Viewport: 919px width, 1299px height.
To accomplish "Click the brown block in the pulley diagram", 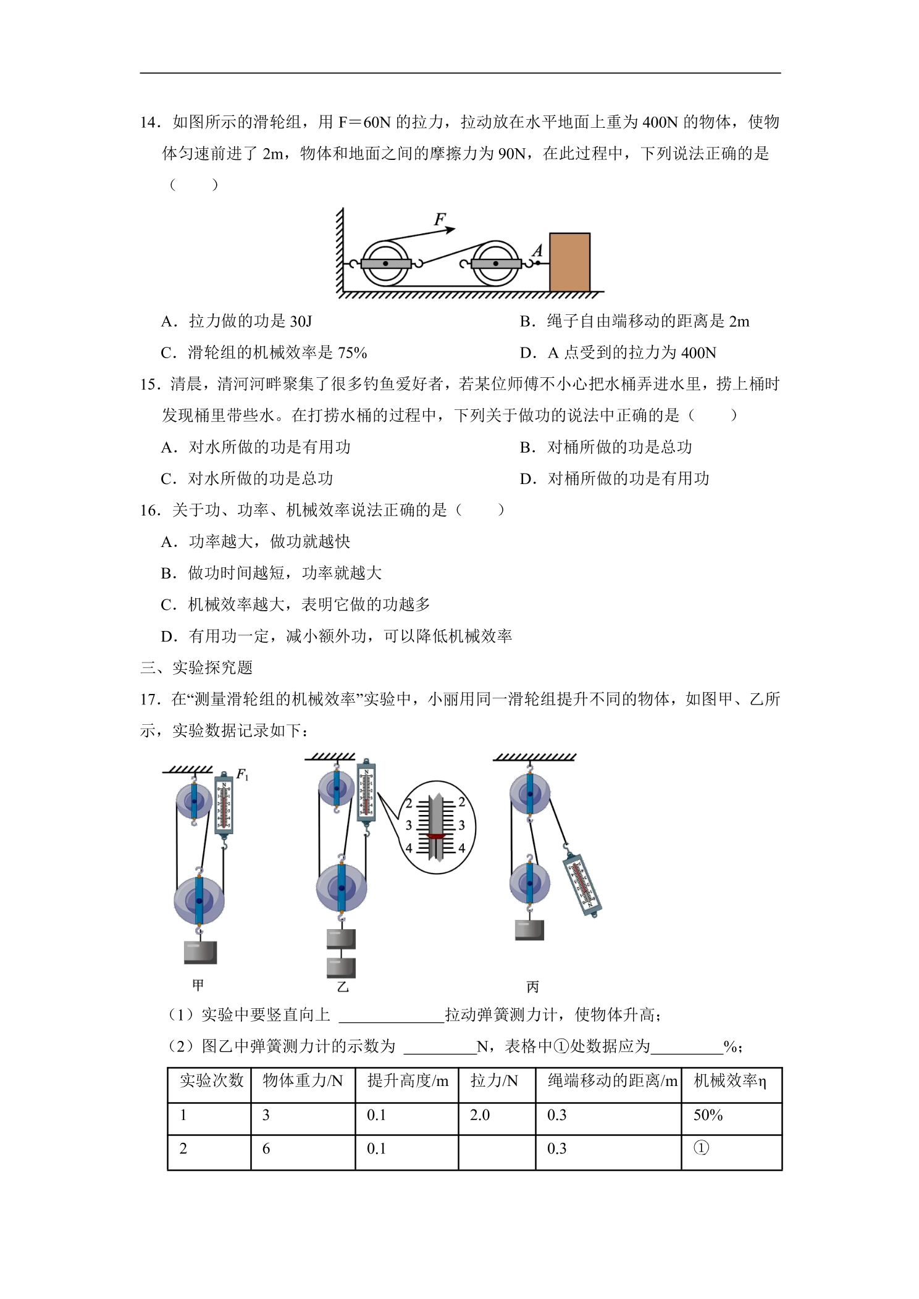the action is click(569, 262).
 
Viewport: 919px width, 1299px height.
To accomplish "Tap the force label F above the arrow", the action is click(440, 219).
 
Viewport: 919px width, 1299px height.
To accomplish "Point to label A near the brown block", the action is click(537, 250).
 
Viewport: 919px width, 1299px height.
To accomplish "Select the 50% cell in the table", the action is click(708, 1115).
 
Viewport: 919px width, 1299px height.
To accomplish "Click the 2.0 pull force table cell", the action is click(480, 1115).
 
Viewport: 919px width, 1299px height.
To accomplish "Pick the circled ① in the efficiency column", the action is click(701, 1148).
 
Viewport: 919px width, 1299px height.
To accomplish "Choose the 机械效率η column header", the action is click(730, 1080).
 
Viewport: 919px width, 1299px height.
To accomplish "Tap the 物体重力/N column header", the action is click(303, 1080).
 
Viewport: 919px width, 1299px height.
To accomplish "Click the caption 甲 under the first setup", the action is click(198, 985).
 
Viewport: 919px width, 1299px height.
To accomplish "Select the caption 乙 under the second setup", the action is click(343, 987).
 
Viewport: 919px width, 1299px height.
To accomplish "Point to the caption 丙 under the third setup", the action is click(532, 987).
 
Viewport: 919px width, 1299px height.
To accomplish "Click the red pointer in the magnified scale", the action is click(436, 837).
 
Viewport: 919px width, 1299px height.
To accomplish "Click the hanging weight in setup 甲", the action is click(200, 952).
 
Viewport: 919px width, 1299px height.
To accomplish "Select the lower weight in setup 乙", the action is click(341, 967).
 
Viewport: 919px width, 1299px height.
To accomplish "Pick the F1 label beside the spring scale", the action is click(242, 774).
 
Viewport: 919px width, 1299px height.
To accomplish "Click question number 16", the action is click(150, 510).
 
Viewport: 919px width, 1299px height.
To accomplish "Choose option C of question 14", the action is click(264, 353).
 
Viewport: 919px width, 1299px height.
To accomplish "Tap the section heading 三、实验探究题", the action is click(196, 667).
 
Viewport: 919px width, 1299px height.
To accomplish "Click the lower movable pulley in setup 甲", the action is click(199, 901).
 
